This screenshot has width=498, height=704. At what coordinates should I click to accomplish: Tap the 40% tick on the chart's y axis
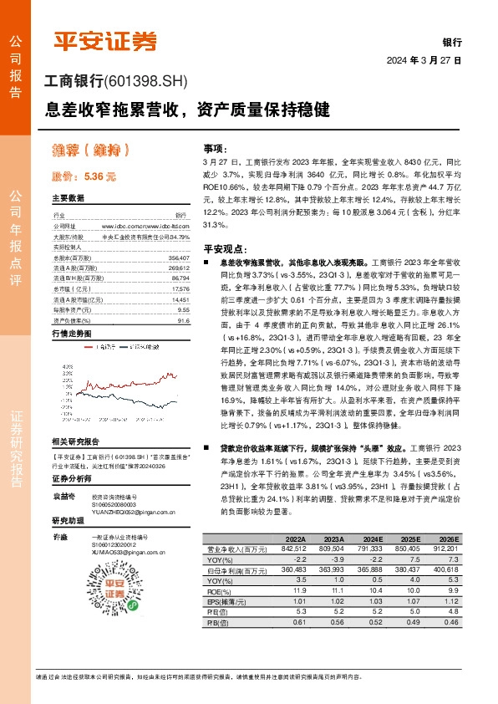[x=68, y=367]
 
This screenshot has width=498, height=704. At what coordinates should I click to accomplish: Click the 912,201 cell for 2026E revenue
[x=445, y=548]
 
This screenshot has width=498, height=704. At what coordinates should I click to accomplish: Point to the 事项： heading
[x=215, y=146]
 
